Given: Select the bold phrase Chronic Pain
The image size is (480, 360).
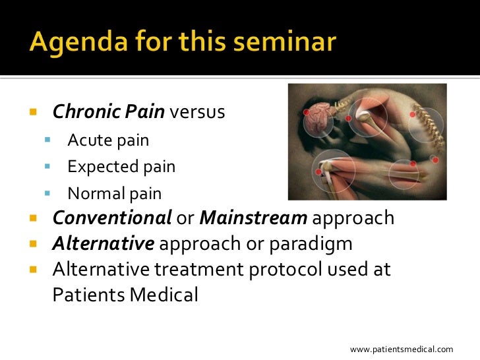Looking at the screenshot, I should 108,112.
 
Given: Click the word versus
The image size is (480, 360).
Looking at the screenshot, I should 197,113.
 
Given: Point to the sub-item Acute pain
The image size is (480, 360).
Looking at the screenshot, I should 108,140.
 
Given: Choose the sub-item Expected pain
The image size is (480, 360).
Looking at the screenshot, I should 121,167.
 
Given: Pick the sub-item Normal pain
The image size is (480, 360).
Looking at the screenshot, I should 114,194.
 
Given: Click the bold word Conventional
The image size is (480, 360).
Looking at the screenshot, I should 112,218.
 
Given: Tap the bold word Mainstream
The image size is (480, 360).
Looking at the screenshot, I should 253,218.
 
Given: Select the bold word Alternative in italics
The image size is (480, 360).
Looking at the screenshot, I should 104,244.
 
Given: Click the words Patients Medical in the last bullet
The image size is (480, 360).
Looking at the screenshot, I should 125,294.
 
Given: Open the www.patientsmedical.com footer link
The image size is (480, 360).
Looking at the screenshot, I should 401,349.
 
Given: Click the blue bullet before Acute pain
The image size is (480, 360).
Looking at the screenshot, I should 47,141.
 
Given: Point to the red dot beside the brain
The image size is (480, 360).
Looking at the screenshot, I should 307,113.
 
